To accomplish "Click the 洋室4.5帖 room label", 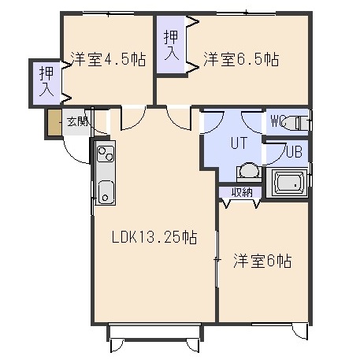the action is tap(108, 59).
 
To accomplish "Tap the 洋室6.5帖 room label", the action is tap(241, 59).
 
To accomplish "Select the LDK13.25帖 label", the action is tap(154, 237).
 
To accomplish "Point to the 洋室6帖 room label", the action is tap(262, 261).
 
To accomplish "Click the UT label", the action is tap(239, 143).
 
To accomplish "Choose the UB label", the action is tap(294, 152).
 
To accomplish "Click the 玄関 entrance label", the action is tap(77, 121).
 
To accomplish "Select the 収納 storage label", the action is tap(242, 192).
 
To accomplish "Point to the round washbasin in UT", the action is tap(249, 170).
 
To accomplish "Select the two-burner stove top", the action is tap(106, 154).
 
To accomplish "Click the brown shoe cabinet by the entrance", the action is tap(55, 123).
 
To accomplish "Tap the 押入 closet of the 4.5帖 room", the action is tap(46, 82).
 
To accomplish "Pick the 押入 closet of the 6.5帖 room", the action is tap(171, 45).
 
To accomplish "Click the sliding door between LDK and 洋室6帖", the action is tap(217, 259).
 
